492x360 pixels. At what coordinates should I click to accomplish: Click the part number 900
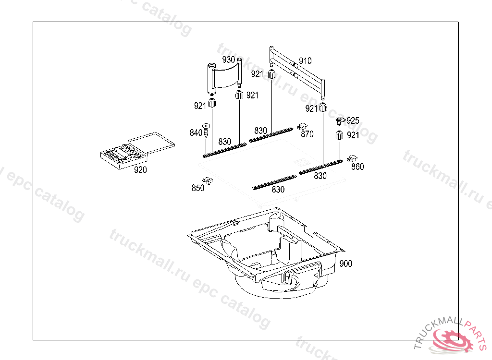click(346, 264)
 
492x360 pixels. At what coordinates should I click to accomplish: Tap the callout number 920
click(140, 169)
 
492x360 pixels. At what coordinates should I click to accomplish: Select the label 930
click(228, 60)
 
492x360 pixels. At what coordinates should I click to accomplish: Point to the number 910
click(305, 60)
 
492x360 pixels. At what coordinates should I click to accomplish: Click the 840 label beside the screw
click(196, 133)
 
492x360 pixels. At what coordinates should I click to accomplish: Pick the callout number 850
click(198, 188)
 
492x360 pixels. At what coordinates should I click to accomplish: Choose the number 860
click(357, 167)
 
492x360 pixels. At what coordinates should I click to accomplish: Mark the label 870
click(307, 134)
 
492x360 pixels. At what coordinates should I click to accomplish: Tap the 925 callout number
click(353, 121)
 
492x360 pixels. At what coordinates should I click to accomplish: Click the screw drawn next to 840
click(206, 130)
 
